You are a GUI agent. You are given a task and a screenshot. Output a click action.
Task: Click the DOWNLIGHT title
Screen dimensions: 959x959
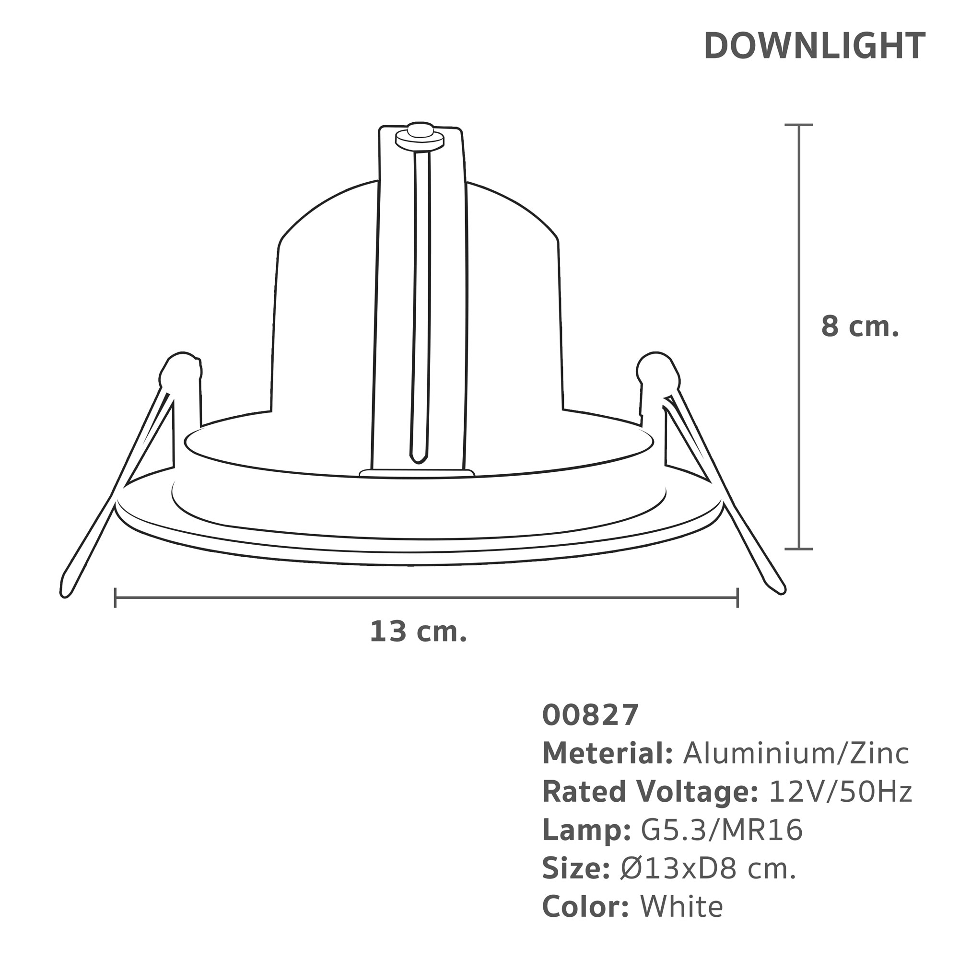click(815, 46)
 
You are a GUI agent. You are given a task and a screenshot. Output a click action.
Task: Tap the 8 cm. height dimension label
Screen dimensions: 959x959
click(860, 327)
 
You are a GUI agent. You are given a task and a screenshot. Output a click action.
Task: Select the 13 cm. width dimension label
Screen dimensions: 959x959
click(419, 632)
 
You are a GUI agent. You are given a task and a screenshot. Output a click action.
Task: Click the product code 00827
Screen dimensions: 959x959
click(590, 715)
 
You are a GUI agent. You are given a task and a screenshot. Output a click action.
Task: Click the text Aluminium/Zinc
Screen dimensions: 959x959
click(796, 753)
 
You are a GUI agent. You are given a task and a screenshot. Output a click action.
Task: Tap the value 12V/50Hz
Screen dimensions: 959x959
click(841, 792)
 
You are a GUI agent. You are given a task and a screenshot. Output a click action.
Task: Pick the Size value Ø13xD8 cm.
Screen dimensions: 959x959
click(709, 869)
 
